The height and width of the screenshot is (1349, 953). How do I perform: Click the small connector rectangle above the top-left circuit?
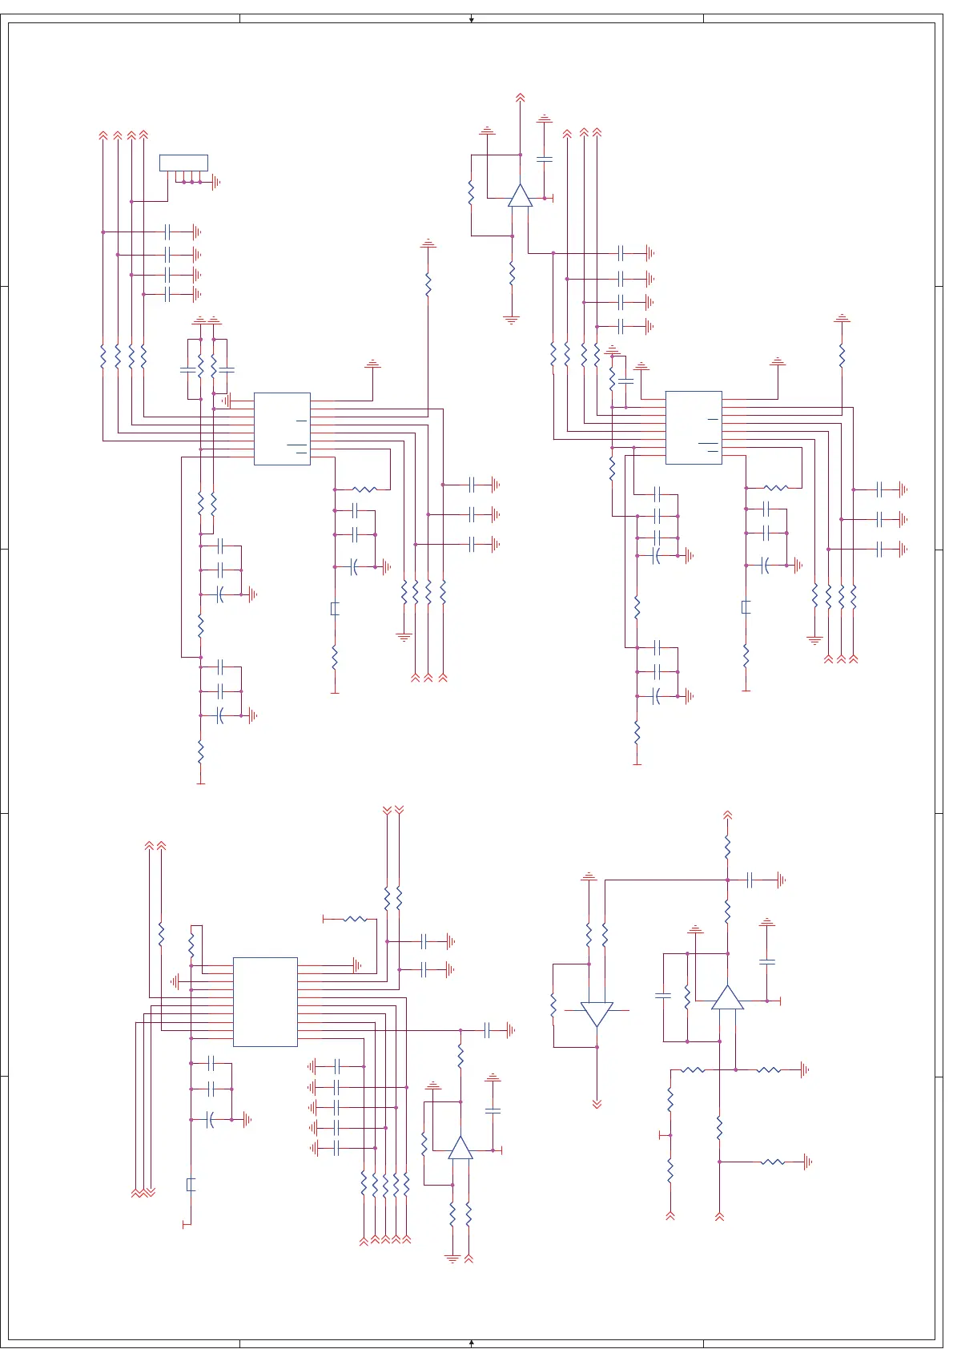click(x=183, y=163)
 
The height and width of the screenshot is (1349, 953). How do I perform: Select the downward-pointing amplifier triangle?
click(x=597, y=1013)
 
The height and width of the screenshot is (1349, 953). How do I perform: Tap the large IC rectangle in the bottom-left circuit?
click(x=265, y=1001)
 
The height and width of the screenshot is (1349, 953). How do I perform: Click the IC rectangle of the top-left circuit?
click(x=282, y=429)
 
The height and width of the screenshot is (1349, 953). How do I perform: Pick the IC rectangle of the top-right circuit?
click(x=694, y=428)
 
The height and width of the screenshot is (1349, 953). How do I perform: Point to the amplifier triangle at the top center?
click(x=520, y=196)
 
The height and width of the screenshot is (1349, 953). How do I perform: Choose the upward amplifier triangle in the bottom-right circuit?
click(x=727, y=998)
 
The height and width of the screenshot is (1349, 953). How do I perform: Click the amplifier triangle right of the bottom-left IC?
click(x=460, y=1149)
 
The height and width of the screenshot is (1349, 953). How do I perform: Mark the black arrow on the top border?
click(x=472, y=18)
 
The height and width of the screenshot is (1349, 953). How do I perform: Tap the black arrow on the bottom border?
click(x=472, y=1343)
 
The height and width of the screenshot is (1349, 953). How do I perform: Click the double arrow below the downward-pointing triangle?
click(x=597, y=1104)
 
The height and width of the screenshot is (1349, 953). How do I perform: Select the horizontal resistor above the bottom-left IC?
click(x=355, y=919)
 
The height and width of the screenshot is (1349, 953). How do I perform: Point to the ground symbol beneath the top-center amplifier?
click(x=512, y=320)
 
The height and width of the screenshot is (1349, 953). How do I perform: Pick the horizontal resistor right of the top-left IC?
click(x=364, y=489)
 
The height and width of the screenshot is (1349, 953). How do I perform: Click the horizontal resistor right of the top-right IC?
click(x=776, y=487)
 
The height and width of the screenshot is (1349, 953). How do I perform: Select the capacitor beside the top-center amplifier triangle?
click(x=545, y=159)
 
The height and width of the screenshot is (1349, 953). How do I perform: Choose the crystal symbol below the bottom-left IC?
click(x=191, y=1184)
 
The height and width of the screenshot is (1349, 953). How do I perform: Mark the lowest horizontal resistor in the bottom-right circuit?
click(x=773, y=1162)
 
